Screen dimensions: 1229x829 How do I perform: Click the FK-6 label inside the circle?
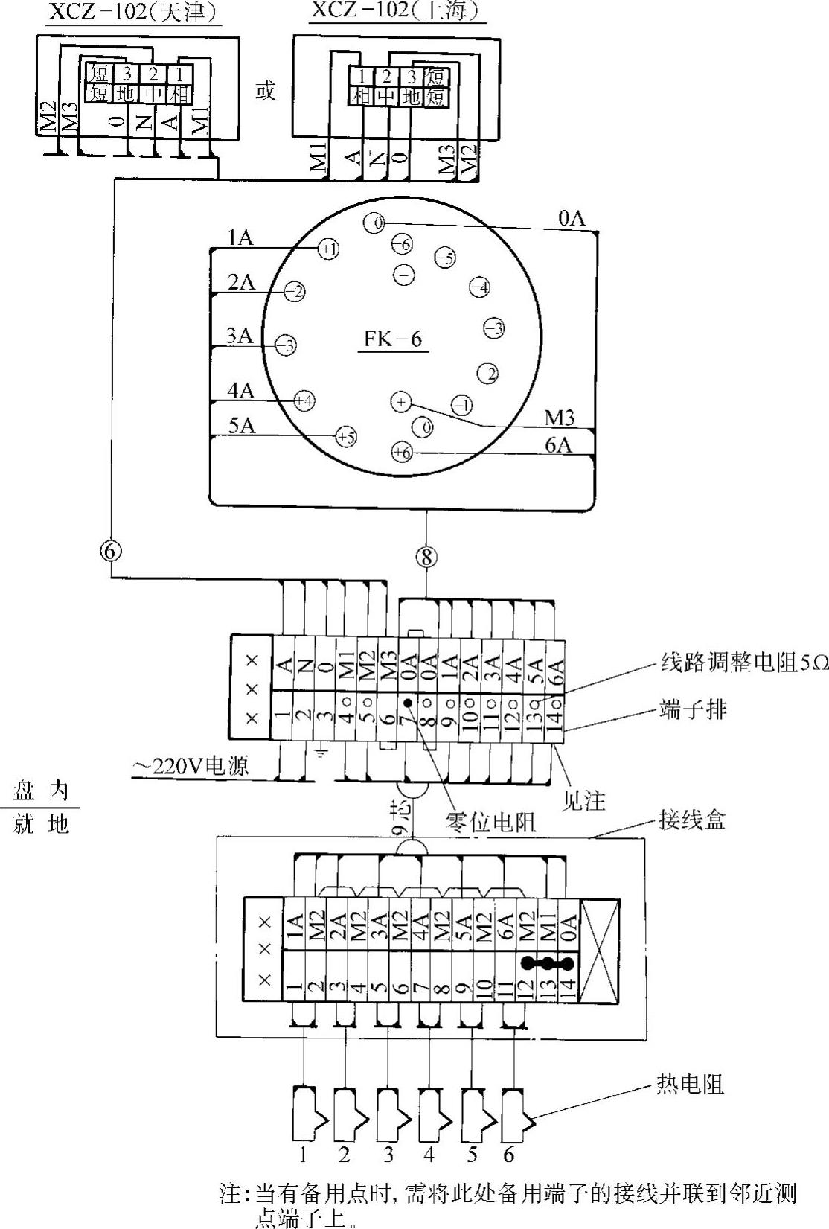coord(393,339)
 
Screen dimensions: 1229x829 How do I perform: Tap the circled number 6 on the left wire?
coord(110,552)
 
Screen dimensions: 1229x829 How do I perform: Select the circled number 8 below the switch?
coord(426,557)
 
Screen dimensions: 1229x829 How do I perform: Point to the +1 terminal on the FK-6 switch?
coord(328,249)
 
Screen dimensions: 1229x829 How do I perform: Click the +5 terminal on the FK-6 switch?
coord(346,437)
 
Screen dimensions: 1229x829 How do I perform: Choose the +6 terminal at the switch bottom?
coord(401,452)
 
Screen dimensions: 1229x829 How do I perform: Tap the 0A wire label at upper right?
coord(572,218)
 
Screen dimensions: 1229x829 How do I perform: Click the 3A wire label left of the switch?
coord(240,336)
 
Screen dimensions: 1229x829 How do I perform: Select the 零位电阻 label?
coord(490,822)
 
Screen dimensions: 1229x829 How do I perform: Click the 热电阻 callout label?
coord(690,1085)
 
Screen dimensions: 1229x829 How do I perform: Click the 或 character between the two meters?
coord(265,92)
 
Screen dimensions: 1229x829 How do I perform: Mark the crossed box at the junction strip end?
coord(599,951)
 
